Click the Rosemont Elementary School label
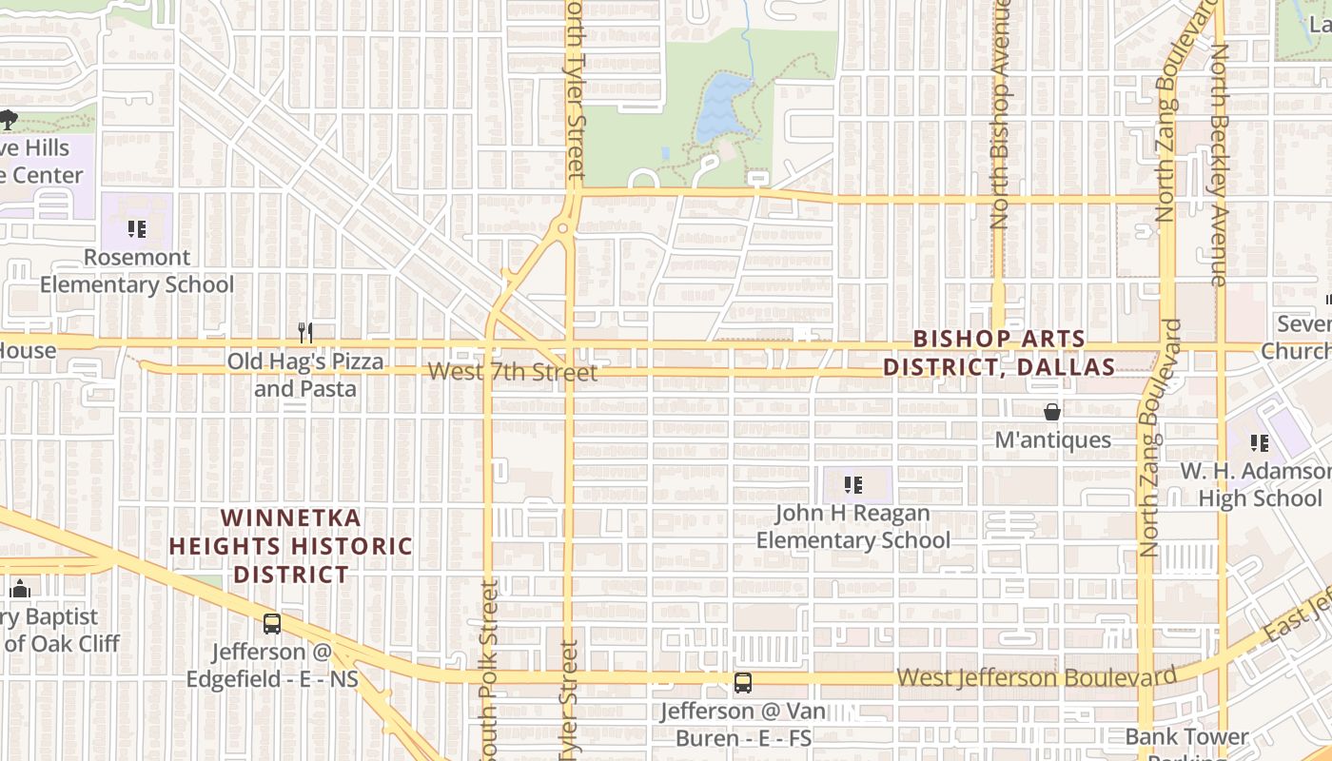click(136, 271)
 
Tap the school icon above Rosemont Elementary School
click(136, 229)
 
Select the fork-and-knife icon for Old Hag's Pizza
click(305, 333)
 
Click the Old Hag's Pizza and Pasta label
click(305, 375)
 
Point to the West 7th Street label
click(513, 372)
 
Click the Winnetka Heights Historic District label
click(290, 546)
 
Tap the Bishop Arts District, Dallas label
click(999, 353)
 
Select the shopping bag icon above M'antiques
click(1052, 412)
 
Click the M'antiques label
click(1052, 440)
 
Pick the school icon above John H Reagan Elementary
click(853, 485)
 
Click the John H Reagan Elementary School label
click(853, 527)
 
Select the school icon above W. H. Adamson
click(1260, 443)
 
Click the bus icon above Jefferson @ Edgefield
click(272, 624)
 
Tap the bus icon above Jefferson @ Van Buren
click(743, 683)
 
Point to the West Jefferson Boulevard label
click(1037, 677)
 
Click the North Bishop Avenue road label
click(999, 114)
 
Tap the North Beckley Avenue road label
click(1220, 162)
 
